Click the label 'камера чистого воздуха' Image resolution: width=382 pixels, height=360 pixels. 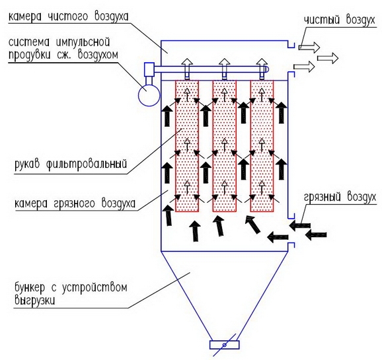tap(68, 17)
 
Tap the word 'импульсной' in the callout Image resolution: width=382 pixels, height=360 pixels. tap(83, 43)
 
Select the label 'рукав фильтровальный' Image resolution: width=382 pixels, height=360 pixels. tap(71, 163)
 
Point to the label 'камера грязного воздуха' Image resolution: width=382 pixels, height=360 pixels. tap(75, 203)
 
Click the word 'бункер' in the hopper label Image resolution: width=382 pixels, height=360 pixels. tap(30, 288)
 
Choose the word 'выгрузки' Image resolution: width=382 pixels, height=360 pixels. tap(34, 300)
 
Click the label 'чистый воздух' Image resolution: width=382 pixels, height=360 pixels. tap(340, 20)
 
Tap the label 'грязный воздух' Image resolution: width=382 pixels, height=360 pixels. tap(340, 197)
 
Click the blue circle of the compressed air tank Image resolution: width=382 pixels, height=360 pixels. tap(149, 95)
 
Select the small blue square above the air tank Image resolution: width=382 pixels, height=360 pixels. tap(149, 69)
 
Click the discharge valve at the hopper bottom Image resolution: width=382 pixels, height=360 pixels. tap(225, 345)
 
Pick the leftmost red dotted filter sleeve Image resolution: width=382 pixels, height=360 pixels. tap(187, 146)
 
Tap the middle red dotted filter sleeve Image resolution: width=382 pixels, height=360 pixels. tap(225, 146)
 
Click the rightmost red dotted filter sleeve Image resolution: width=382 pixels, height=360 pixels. tap(262, 146)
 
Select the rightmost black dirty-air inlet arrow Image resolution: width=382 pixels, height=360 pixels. tap(316, 235)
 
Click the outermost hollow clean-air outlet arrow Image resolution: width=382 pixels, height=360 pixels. tap(328, 58)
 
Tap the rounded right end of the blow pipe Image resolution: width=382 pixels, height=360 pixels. tap(266, 69)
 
